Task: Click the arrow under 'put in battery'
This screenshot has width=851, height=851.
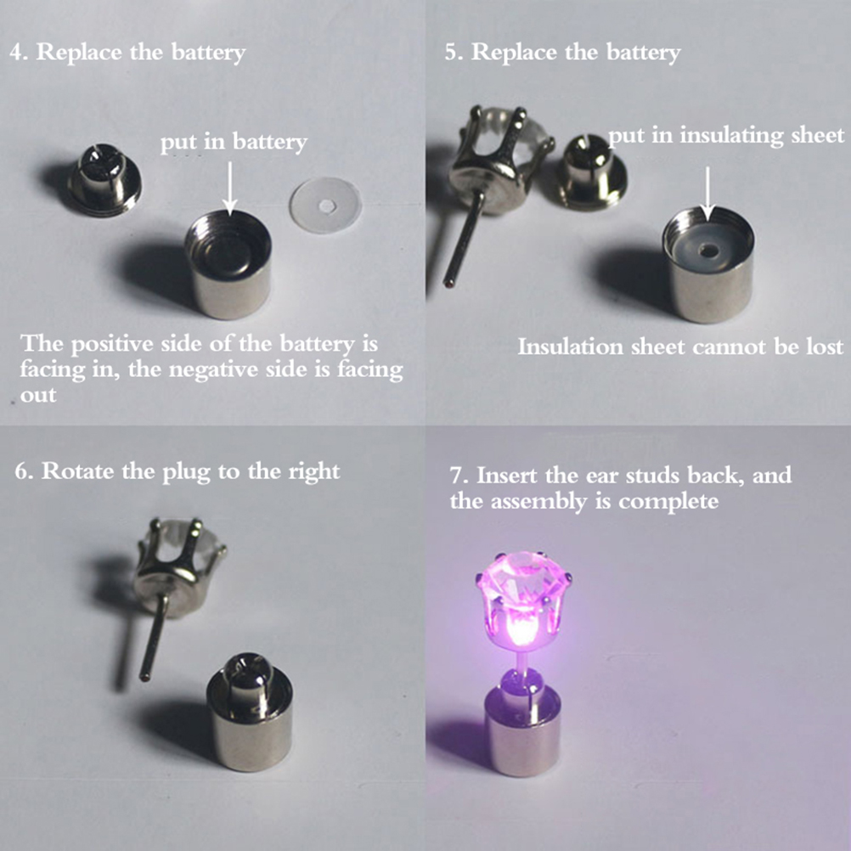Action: tap(229, 187)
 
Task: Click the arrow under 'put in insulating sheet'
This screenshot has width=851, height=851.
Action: tap(707, 193)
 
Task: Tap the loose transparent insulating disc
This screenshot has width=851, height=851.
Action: tap(325, 206)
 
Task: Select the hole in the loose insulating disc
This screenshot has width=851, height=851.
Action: tap(326, 206)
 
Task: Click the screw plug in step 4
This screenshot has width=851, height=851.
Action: tap(104, 181)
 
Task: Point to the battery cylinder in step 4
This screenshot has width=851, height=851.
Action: tap(228, 264)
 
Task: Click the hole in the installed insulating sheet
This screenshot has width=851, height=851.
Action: tap(707, 251)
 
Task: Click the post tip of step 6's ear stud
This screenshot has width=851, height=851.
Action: tap(144, 677)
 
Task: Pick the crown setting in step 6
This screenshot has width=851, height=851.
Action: tap(179, 565)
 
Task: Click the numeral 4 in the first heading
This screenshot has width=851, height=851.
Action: tap(17, 54)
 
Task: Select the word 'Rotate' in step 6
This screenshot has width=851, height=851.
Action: tap(77, 471)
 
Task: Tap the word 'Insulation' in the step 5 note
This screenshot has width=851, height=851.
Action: tap(571, 347)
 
